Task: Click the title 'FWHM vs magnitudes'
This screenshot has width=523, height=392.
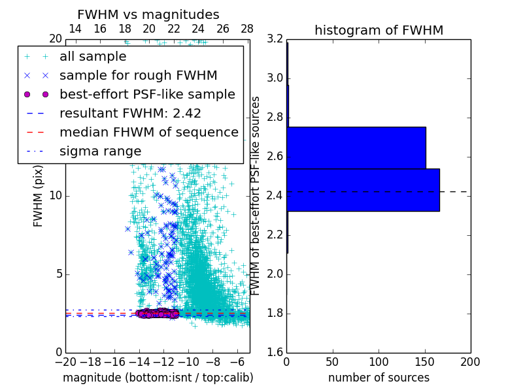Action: [x=148, y=14]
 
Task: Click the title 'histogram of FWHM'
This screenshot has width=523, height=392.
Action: [x=379, y=30]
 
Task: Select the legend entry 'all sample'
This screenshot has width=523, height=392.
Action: [x=93, y=57]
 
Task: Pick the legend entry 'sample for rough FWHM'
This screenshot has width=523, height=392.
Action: [x=139, y=76]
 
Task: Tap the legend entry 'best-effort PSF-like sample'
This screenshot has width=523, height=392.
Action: [x=147, y=95]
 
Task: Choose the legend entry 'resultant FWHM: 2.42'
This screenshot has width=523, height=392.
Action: [x=130, y=114]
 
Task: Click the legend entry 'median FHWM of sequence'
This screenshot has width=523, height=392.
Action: [x=148, y=133]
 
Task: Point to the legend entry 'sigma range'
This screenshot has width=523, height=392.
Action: [x=100, y=152]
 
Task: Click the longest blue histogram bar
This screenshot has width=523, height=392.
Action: [x=363, y=189]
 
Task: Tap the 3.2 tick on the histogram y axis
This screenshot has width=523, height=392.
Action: [x=275, y=39]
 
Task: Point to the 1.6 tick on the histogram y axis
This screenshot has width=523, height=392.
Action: [x=275, y=353]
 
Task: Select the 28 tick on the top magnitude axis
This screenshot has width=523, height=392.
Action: [x=247, y=29]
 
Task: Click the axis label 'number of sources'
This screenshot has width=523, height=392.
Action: [x=379, y=378]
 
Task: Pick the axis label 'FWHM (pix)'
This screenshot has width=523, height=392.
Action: [x=39, y=196]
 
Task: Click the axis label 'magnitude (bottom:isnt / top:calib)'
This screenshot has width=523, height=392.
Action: [x=158, y=378]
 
